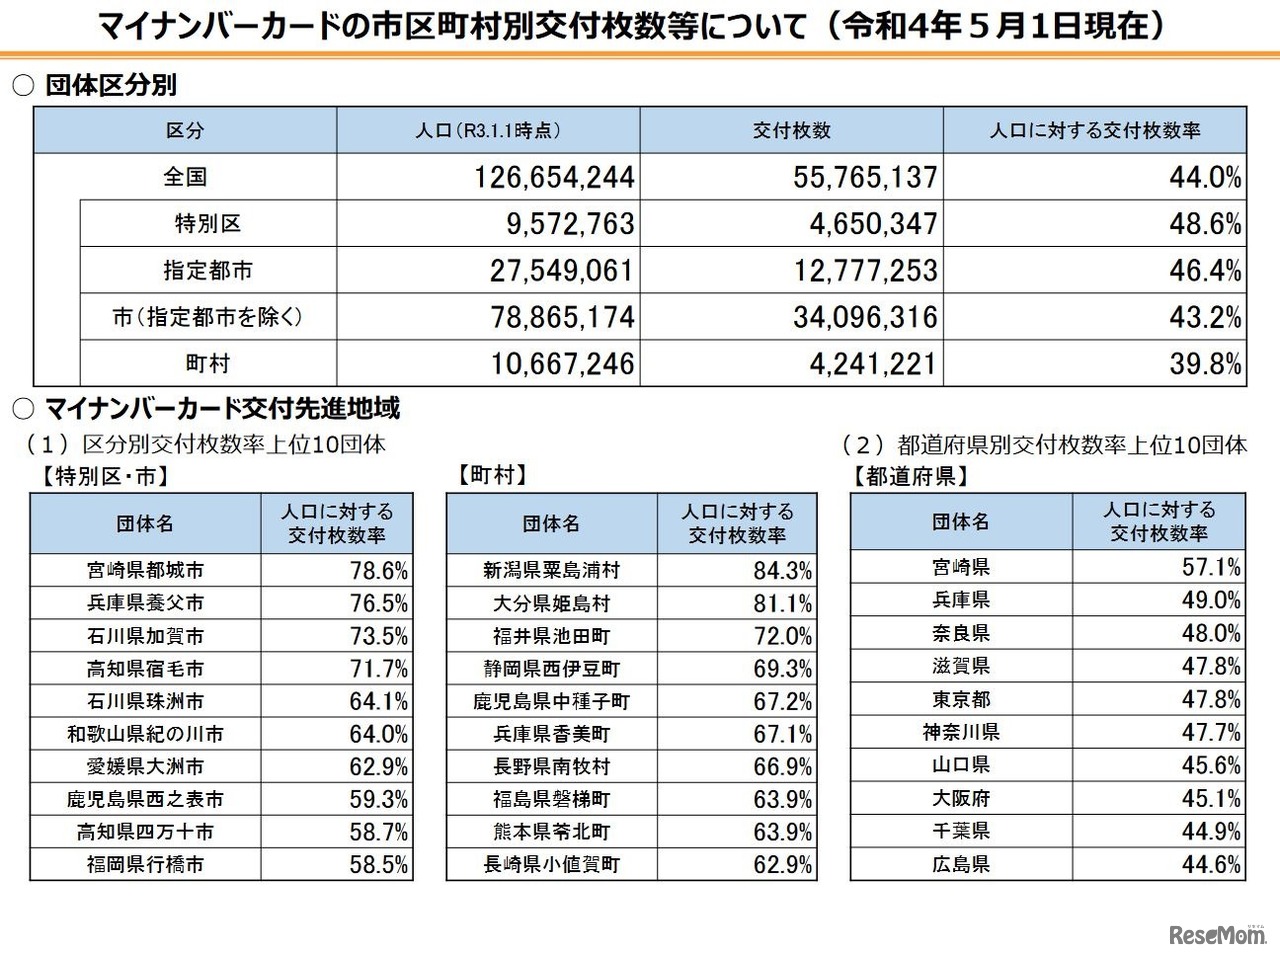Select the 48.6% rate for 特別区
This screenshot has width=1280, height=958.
tap(1205, 224)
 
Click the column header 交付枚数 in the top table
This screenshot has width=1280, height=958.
tap(791, 131)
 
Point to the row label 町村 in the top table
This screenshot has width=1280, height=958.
tap(207, 364)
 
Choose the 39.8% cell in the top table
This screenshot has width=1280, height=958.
tap(1205, 364)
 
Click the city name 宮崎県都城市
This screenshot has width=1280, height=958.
tap(145, 571)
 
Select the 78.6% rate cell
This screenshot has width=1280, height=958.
tap(378, 571)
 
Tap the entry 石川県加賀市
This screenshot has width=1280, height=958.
tap(145, 636)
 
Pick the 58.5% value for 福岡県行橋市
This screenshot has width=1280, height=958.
tap(378, 864)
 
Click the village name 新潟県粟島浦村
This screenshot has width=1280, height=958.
tap(550, 571)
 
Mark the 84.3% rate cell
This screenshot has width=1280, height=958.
tap(782, 571)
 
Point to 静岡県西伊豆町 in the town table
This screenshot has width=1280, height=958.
tap(550, 669)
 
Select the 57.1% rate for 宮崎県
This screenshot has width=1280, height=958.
tap(1210, 567)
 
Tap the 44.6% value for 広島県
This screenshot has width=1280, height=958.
tap(1210, 864)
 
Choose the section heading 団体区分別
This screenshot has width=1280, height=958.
tap(110, 85)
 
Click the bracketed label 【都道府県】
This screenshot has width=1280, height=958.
tap(910, 476)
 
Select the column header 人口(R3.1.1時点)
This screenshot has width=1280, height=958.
tap(488, 131)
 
